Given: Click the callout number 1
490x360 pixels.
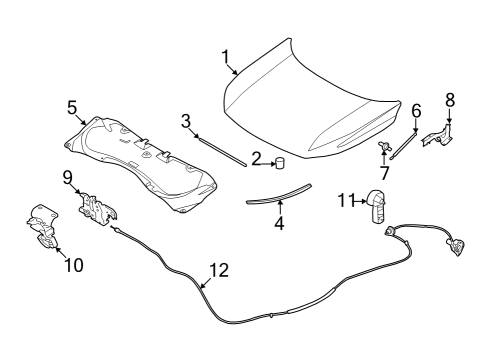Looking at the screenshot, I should tap(225, 55).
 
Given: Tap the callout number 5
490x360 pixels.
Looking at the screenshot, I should tap(72, 107).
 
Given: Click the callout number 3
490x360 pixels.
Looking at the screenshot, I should tap(185, 121).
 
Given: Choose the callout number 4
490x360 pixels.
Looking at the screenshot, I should tap(279, 224).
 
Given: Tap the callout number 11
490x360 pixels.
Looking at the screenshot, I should tap(345, 200).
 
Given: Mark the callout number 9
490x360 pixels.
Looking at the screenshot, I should tap(68, 177).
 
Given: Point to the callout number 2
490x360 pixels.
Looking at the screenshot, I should tap(257, 158).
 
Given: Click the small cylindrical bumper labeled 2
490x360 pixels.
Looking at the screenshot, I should tap(282, 162).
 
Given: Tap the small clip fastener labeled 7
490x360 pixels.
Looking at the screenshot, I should tap(384, 150).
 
